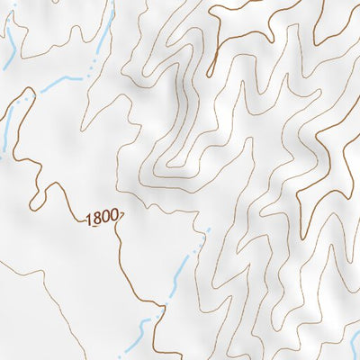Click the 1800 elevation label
(x=102, y=218)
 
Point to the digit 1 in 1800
(x=89, y=218)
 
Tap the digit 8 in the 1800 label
(x=96, y=218)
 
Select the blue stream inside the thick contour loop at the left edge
(x=7, y=135)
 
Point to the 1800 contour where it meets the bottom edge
(x=155, y=357)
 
